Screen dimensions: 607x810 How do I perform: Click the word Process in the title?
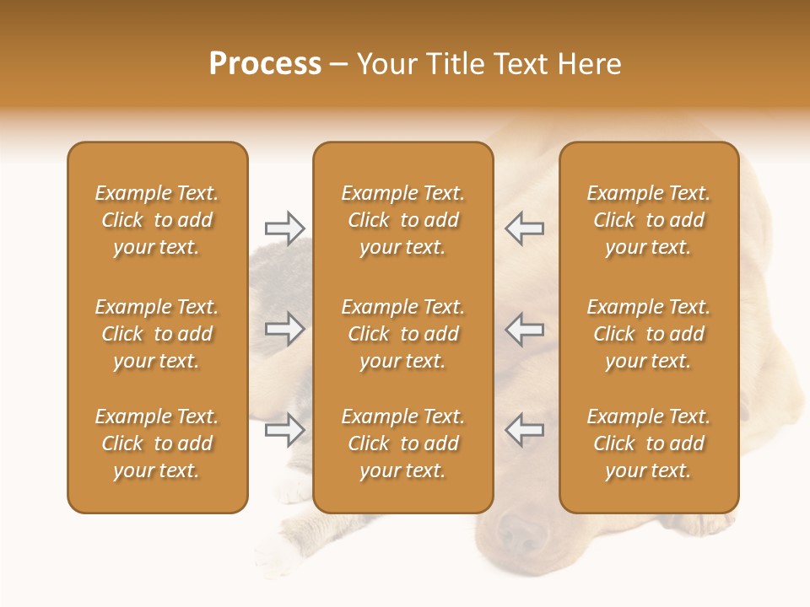[x=265, y=64]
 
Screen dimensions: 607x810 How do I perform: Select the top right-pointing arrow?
[x=284, y=228]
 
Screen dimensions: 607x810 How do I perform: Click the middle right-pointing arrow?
[x=284, y=329]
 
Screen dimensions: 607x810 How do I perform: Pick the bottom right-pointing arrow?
[x=284, y=430]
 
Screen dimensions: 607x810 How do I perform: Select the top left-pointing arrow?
[x=525, y=228]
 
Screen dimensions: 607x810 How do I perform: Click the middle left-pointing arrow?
[x=525, y=329]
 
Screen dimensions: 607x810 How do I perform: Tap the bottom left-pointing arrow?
[x=525, y=430]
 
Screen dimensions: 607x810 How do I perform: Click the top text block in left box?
[x=157, y=220]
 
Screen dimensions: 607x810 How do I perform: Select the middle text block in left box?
[x=157, y=334]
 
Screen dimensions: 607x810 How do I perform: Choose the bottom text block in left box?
[x=157, y=443]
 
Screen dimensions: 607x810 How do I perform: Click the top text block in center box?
[x=402, y=220]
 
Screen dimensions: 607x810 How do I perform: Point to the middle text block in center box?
[x=402, y=334]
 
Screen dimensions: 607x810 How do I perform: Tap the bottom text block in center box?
[x=402, y=443]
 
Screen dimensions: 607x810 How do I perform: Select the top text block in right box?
[x=648, y=220]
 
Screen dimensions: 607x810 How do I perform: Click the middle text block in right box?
[x=648, y=334]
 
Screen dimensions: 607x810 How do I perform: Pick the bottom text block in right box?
[x=648, y=443]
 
